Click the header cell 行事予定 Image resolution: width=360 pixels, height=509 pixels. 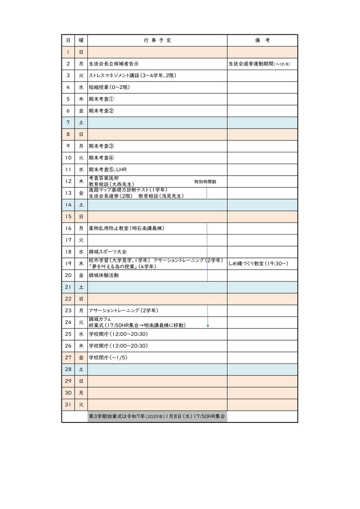pos(157,40)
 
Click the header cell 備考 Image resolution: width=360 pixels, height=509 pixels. pos(262,40)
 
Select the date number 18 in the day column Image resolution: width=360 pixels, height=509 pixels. pos(68,252)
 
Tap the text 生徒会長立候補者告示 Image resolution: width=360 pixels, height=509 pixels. pos(114,64)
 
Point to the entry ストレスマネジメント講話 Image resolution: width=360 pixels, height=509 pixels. pos(132,76)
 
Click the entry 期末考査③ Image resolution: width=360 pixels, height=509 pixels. pos(101,146)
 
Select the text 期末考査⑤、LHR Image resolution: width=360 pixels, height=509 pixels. pos(108,169)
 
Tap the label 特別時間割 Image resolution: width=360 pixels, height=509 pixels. pos(206,182)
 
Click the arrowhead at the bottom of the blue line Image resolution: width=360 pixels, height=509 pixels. pos(208,326)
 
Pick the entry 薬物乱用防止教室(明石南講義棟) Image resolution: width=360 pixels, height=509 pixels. pos(126,228)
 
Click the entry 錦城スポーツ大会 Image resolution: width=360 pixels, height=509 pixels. pos(108,252)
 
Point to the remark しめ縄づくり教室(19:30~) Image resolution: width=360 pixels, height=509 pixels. pos(258,263)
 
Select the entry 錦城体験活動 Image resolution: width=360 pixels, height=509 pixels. pos(104,275)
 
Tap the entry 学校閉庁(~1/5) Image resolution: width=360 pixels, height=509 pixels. pos(108,358)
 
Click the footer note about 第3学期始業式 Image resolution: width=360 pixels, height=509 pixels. pos(157,417)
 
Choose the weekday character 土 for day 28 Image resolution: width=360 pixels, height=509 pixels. pos(81,369)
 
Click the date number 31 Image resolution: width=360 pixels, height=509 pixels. pos(68,405)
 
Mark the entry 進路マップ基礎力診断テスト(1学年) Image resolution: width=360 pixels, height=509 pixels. pos(128,190)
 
